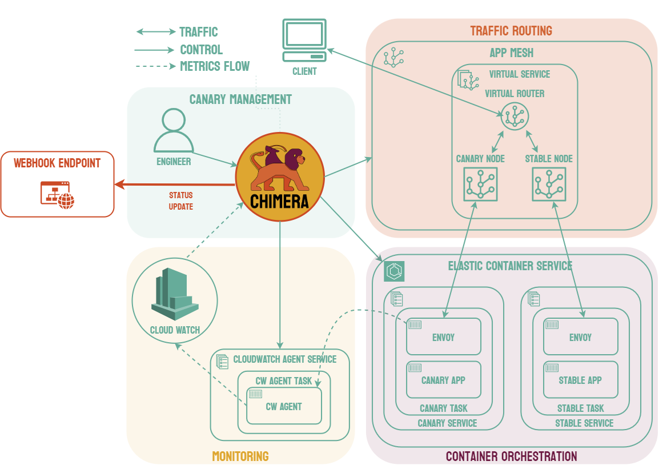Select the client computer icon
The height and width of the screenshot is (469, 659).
coord(304,40)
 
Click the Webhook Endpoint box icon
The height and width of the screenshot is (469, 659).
coord(57,195)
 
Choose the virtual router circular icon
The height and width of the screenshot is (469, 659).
coord(515,117)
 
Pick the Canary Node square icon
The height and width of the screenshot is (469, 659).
coord(480,184)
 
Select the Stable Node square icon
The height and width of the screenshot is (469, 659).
coord(549,184)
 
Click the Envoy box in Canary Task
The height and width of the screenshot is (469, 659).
coord(443,336)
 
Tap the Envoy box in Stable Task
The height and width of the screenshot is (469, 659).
coord(580,336)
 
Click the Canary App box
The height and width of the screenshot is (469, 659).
coord(443,380)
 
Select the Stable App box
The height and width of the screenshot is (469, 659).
coord(580,380)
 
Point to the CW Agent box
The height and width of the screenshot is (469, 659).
coord(284,406)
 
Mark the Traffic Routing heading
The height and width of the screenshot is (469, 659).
coord(511,31)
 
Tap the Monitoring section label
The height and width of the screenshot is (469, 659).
coord(240,456)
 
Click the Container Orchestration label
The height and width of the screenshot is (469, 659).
coord(511,456)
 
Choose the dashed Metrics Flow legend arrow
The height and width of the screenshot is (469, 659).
coord(155,66)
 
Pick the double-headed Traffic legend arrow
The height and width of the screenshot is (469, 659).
coord(155,32)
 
